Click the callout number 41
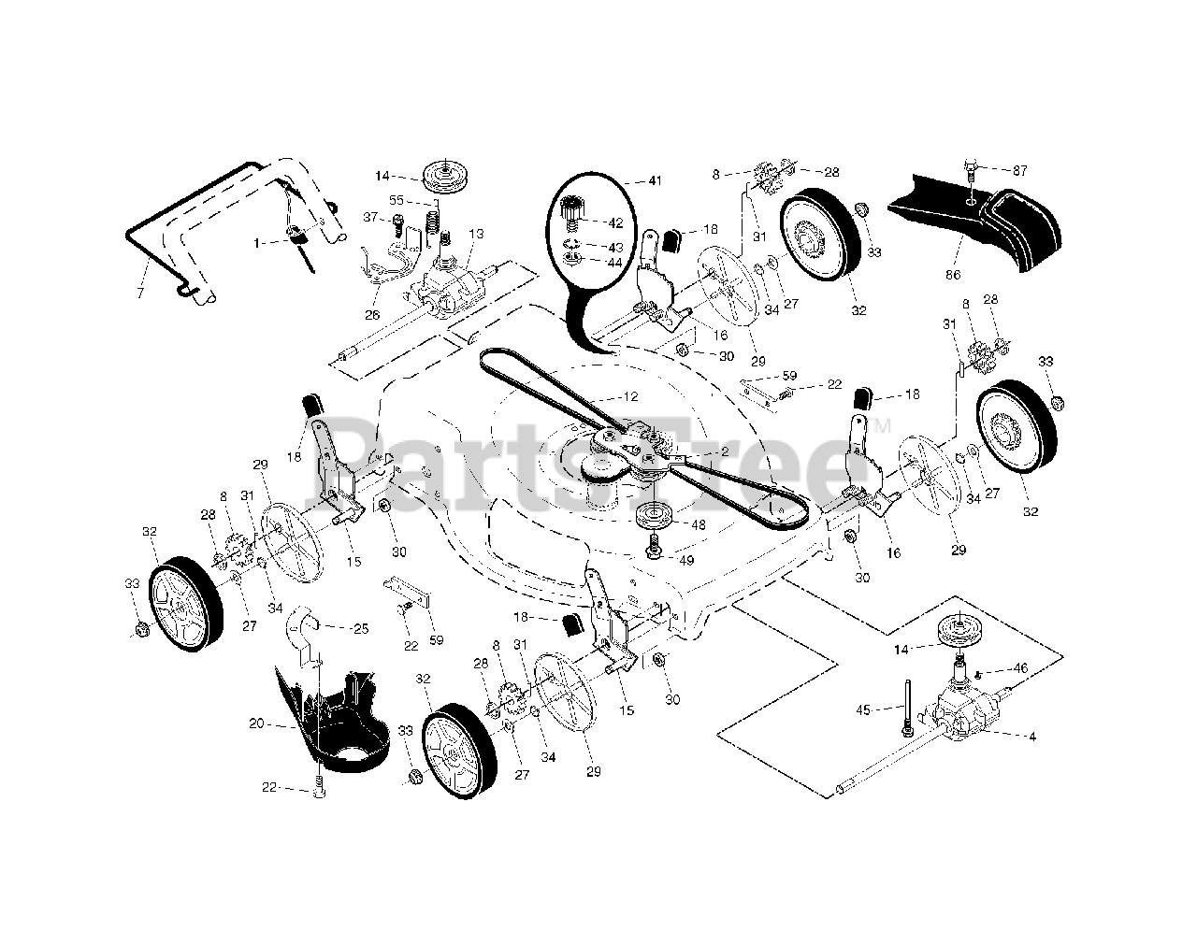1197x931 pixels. coord(655,180)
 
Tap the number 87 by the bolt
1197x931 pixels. coord(1019,170)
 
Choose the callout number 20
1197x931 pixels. coord(257,723)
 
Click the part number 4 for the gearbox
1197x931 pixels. coord(1031,737)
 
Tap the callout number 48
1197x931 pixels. coord(699,525)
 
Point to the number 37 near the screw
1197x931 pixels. coord(370,218)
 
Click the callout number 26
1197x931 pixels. coord(372,315)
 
